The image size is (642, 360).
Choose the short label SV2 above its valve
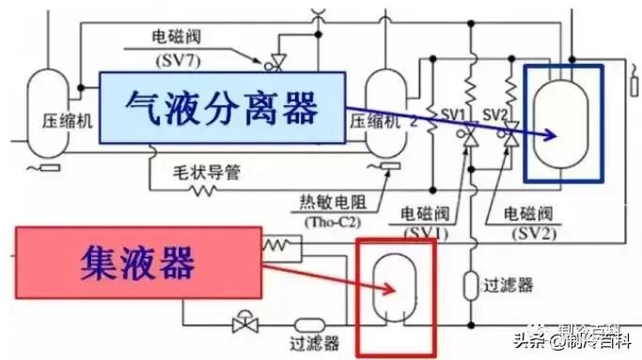495,114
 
